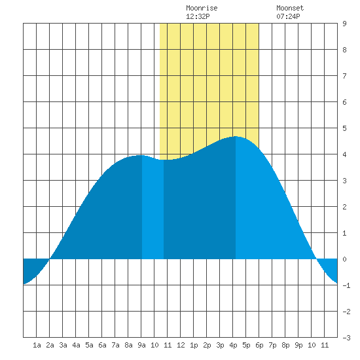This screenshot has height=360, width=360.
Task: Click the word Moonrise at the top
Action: tap(202, 9)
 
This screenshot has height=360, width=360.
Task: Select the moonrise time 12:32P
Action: tap(198, 16)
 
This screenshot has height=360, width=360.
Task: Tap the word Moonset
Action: tap(290, 9)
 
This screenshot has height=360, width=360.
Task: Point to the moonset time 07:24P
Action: tap(288, 16)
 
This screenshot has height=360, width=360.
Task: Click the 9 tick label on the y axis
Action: tap(344, 24)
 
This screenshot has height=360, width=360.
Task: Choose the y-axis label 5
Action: tap(344, 128)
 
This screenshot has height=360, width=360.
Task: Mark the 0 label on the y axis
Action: tap(344, 259)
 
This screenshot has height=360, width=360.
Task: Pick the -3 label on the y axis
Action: tap(346, 338)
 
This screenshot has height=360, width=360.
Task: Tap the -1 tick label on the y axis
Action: tap(346, 285)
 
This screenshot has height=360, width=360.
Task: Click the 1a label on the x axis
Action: tap(37, 345)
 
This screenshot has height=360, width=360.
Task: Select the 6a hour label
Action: tap(102, 345)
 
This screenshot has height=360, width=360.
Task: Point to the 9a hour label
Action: tap(141, 345)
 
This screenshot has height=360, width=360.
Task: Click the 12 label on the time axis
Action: tap(181, 345)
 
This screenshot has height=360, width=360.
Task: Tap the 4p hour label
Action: tap(233, 345)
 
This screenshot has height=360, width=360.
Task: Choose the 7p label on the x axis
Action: tap(272, 345)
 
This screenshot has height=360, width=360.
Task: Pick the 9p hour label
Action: tap(298, 345)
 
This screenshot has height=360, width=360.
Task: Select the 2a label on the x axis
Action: tap(50, 345)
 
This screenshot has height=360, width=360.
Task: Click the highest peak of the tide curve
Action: tap(236, 136)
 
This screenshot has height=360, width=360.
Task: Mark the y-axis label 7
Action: tap(344, 76)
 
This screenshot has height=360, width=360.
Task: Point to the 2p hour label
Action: tap(207, 345)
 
